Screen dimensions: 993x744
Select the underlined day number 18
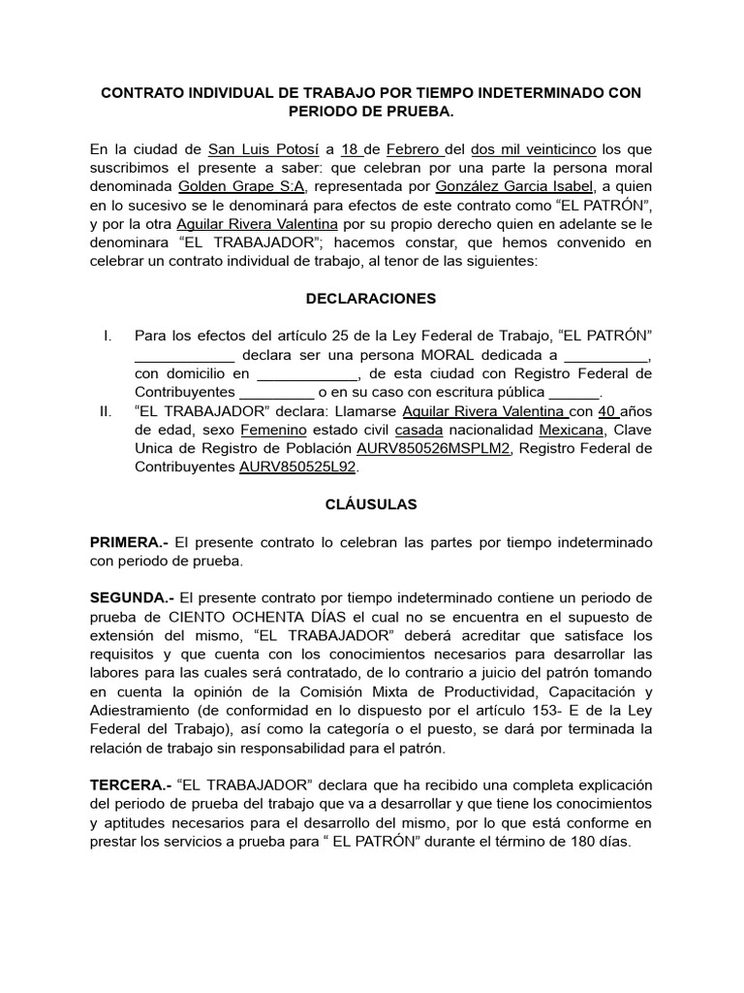[351, 149]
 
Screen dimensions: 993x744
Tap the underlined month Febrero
[414, 149]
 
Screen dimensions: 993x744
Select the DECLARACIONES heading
[372, 299]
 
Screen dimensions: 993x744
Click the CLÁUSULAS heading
[371, 504]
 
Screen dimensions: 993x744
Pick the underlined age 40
[608, 410]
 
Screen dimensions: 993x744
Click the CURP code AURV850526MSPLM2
[433, 448]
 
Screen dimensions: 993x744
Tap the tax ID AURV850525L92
[297, 466]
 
